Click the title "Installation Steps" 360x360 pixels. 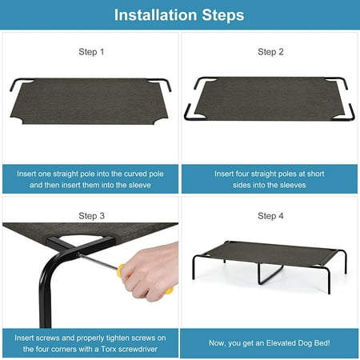[x=179, y=15]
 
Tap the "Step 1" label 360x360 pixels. [x=91, y=52]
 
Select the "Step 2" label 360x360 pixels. [x=270, y=52]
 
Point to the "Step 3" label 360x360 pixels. [x=91, y=216]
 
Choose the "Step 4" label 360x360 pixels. [x=270, y=216]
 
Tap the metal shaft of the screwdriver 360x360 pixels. [x=98, y=261]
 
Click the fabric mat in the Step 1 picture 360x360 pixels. [x=90, y=102]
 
